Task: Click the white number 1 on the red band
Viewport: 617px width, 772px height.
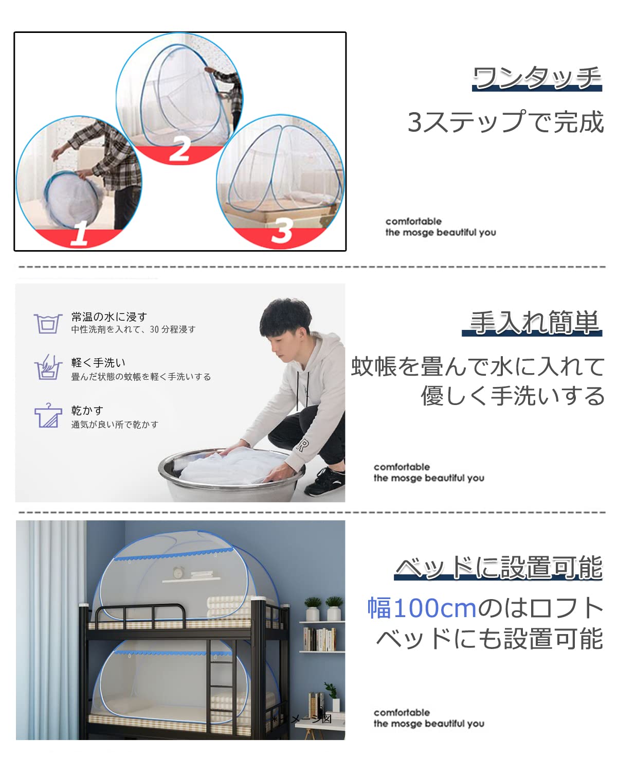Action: coord(80,234)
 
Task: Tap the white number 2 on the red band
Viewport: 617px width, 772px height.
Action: coord(179,149)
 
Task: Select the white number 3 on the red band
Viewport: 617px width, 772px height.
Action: coord(282,231)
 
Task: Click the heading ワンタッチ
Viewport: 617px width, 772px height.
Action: coord(537,78)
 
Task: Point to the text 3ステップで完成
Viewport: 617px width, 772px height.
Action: coord(505,122)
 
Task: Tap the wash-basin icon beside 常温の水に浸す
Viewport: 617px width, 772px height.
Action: coord(47,324)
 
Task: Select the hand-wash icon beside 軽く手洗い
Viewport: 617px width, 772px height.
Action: coord(47,367)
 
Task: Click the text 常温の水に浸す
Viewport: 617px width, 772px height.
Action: coord(109,317)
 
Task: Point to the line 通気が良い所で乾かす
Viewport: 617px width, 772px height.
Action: coord(115,425)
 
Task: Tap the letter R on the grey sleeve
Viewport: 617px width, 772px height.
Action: coord(302,445)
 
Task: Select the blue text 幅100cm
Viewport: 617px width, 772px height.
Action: coord(422,608)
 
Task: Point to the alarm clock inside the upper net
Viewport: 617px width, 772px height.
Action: coord(178,572)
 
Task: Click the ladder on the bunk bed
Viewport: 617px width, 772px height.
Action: coord(222,685)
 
